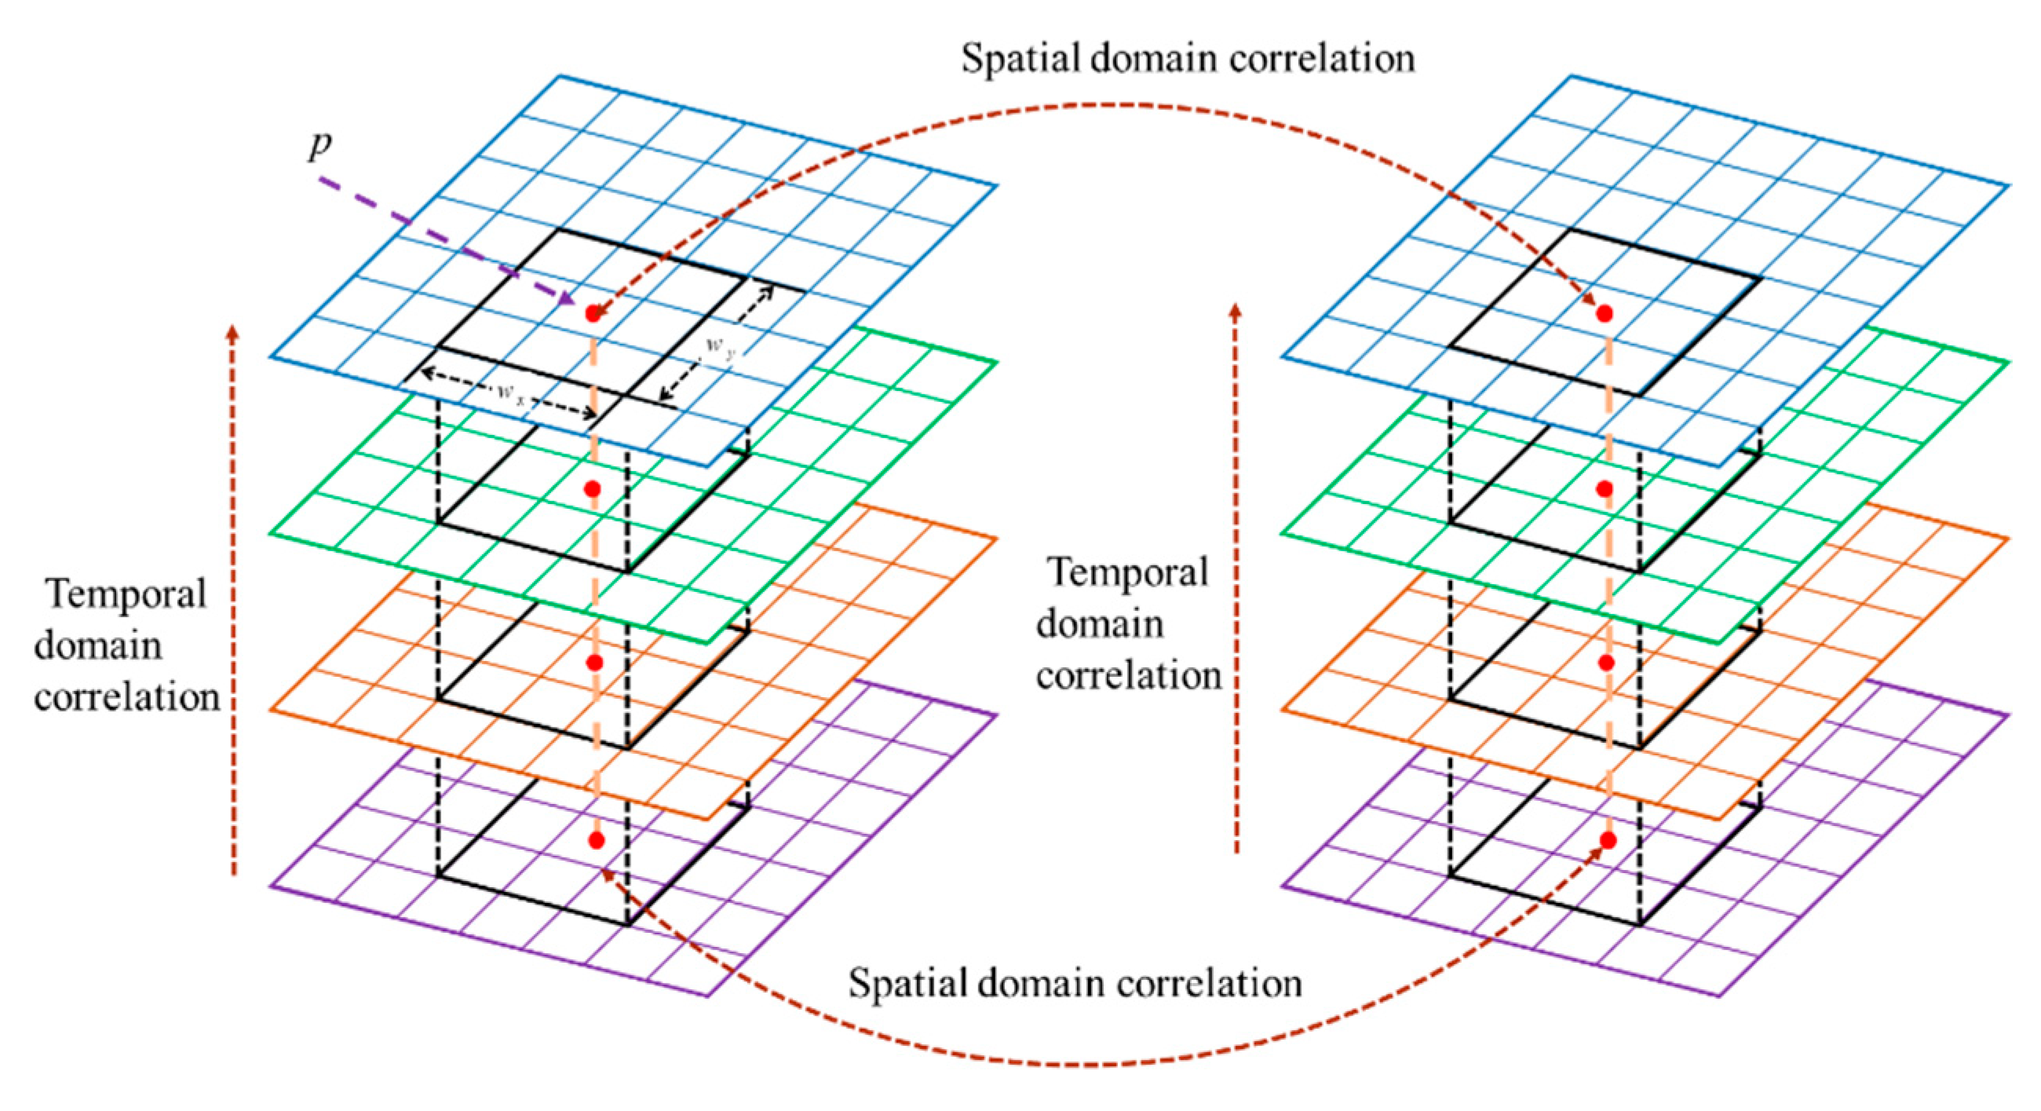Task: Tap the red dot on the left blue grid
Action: click(x=593, y=314)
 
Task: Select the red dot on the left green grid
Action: click(x=593, y=489)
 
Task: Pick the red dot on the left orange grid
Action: click(x=595, y=663)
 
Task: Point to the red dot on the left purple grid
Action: click(x=597, y=840)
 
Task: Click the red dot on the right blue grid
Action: click(x=1605, y=314)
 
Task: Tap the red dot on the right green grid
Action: click(x=1605, y=489)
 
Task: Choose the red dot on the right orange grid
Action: click(x=1607, y=663)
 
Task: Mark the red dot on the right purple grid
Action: click(x=1608, y=840)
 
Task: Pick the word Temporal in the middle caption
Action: click(x=1128, y=572)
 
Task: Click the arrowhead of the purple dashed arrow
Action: click(x=568, y=300)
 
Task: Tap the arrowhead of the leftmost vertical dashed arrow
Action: click(x=232, y=331)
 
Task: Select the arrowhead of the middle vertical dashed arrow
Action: click(x=1236, y=311)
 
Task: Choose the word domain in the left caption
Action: click(x=98, y=645)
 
